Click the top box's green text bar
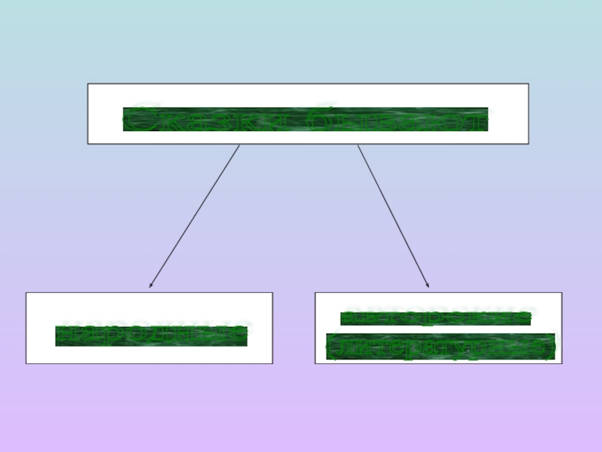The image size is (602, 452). click(x=306, y=120)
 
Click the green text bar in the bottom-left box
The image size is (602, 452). click(x=151, y=336)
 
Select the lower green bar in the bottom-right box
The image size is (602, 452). click(x=440, y=347)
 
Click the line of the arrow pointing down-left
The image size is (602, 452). click(x=195, y=215)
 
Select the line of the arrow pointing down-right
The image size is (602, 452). click(x=393, y=215)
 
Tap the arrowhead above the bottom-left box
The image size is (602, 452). click(x=150, y=286)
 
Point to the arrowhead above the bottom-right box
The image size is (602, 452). click(x=427, y=285)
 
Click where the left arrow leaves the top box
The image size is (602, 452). click(x=239, y=145)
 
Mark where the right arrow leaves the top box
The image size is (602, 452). click(x=357, y=145)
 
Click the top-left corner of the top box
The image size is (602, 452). click(x=88, y=84)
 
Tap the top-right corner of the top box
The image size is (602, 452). click(x=528, y=84)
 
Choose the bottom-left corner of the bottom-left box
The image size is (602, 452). click(x=26, y=363)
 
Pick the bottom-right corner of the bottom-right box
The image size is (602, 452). click(x=561, y=363)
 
